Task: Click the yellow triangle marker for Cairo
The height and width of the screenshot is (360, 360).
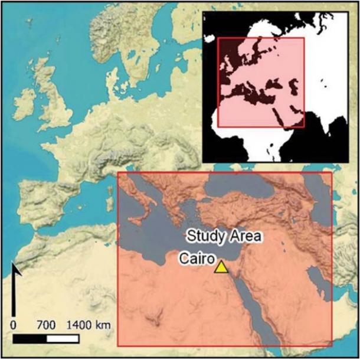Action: point(221,267)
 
